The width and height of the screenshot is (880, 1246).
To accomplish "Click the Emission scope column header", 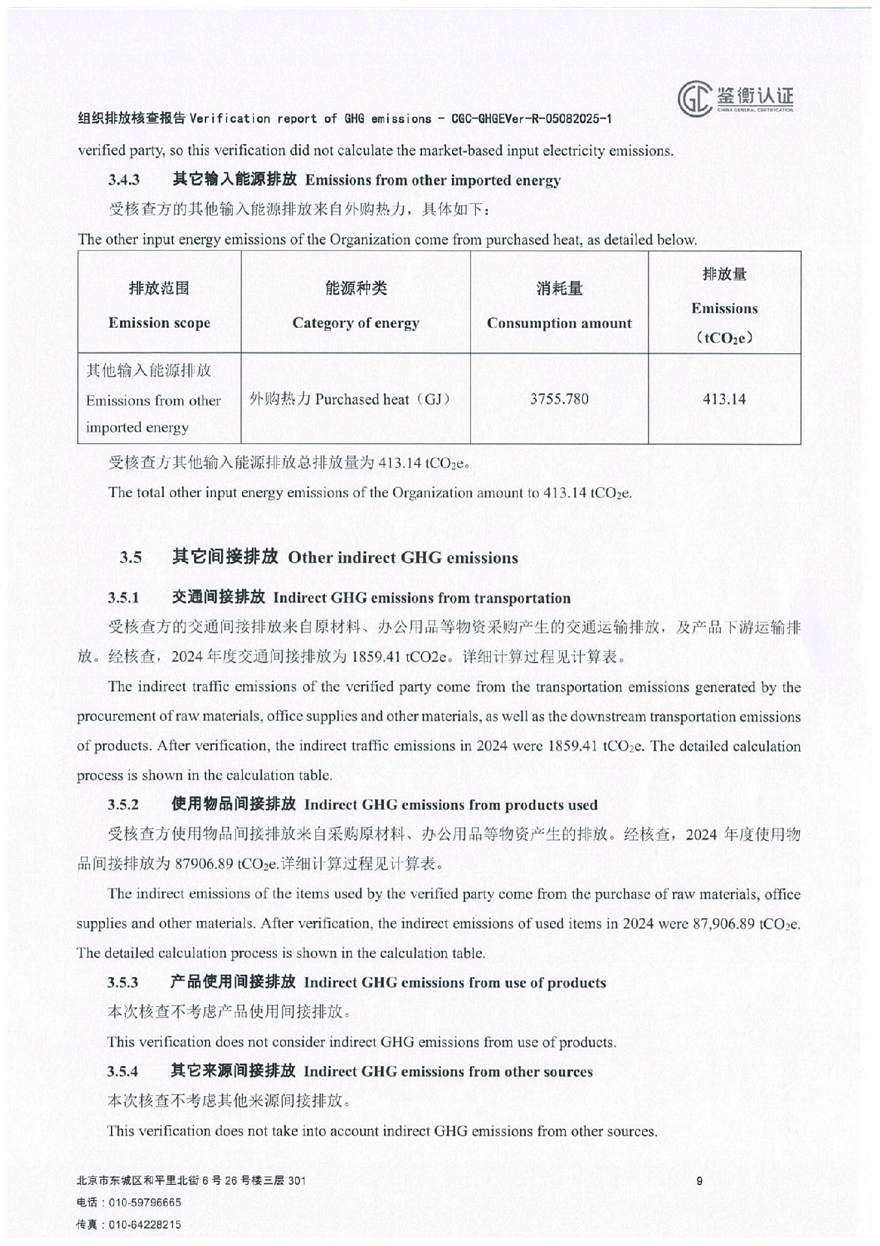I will point(159,323).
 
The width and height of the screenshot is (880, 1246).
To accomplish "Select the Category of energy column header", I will point(355,323).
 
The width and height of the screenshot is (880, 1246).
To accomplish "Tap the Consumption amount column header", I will point(559,323).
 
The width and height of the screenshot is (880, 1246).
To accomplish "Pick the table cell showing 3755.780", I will point(559,398).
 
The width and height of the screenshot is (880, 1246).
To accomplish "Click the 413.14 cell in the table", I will point(724,398).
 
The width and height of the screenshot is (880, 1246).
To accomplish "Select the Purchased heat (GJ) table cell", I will point(350,398).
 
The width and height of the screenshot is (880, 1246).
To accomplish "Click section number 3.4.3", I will point(124,180).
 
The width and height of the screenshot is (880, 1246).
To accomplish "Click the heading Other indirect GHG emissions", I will point(403,557).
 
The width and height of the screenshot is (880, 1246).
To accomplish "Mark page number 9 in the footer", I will point(699,1181).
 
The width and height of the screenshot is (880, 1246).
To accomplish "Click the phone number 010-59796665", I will point(145,1203).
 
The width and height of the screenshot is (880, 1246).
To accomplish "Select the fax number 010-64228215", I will point(145,1225).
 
